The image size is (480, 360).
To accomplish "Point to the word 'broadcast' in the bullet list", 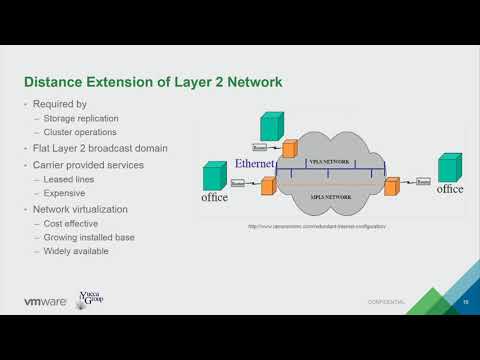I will (110, 148).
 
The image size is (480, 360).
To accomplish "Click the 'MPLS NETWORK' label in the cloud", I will (331, 198).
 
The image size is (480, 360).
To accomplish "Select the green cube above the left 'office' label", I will (215, 177).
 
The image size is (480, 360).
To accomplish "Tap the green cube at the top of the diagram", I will (271, 126).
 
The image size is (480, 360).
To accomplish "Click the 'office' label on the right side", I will (449, 189).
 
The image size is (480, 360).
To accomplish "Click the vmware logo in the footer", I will (44, 301).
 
